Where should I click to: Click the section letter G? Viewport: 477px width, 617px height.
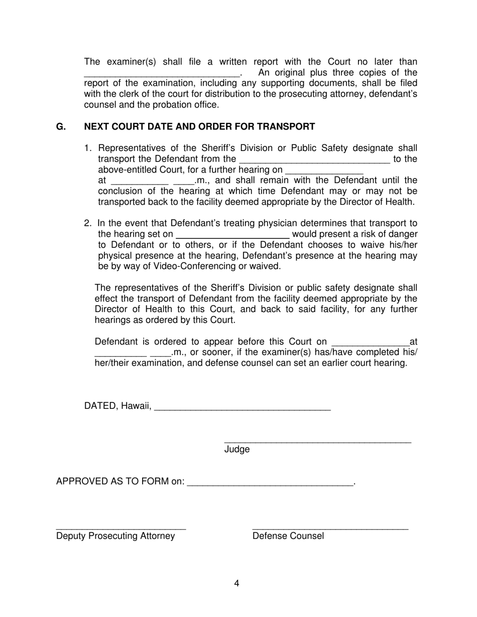[x=61, y=127]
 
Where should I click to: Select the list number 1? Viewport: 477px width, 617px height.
[x=87, y=148]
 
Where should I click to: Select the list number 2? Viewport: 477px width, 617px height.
[x=87, y=223]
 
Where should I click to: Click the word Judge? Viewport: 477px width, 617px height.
[x=236, y=449]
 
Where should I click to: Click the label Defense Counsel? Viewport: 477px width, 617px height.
[x=288, y=536]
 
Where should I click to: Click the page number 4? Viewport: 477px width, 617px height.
[x=236, y=583]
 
